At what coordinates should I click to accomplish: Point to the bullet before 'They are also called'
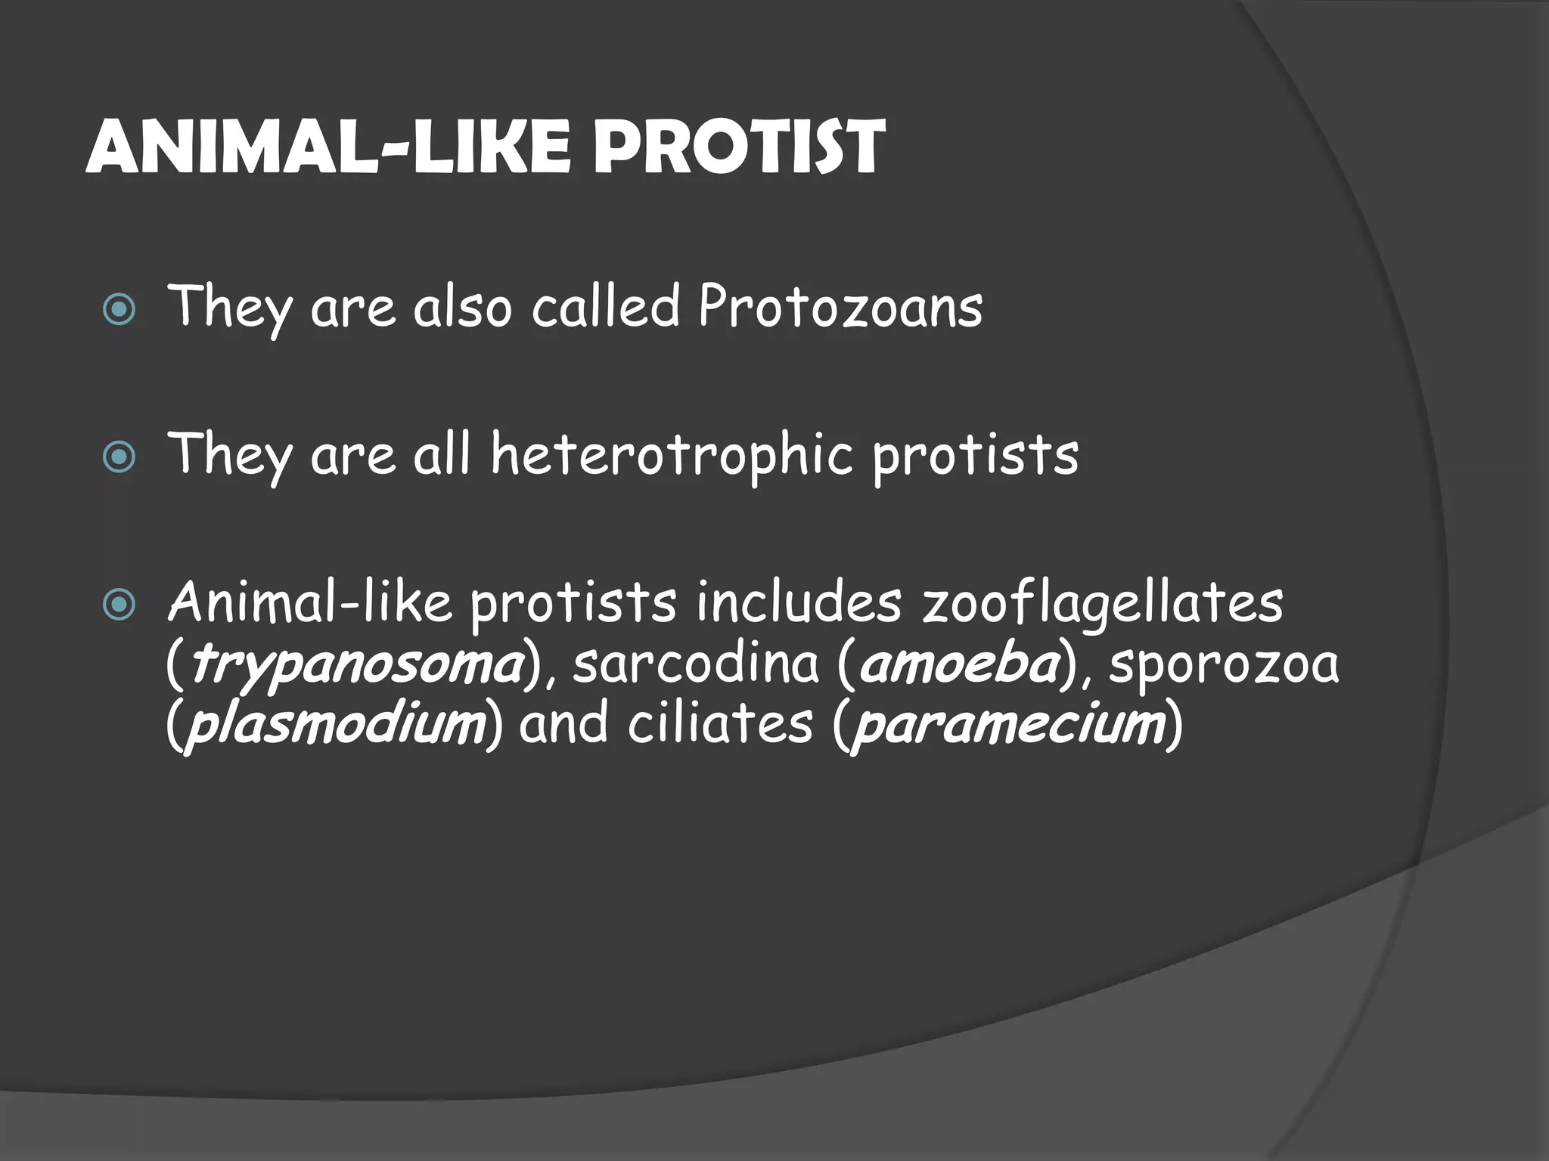point(120,310)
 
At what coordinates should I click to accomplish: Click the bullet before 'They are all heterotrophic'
point(120,457)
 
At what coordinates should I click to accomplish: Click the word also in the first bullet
point(461,308)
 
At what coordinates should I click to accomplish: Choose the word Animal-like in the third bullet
point(309,603)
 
